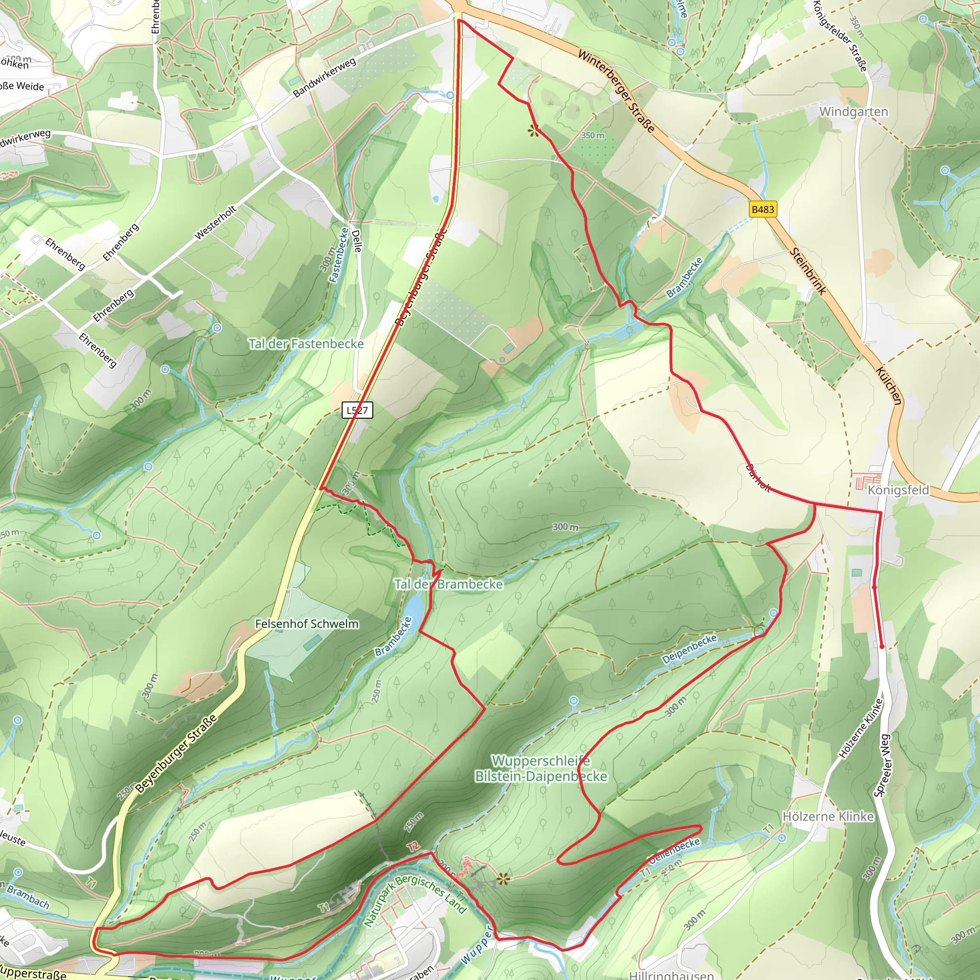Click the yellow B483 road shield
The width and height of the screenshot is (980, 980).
point(762,209)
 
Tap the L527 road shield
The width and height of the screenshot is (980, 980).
point(357,410)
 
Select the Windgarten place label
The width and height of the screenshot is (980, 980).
point(854,111)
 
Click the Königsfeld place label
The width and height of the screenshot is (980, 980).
point(898,490)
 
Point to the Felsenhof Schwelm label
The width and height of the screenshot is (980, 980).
point(307,624)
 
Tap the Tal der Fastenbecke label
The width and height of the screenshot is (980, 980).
point(306,344)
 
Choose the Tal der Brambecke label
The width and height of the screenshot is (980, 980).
point(449,584)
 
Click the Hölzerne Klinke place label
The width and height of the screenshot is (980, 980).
point(828,816)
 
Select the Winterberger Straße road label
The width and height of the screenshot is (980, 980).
point(616,90)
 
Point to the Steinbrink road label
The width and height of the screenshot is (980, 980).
point(808,271)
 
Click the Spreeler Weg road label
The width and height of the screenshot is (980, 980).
point(882,766)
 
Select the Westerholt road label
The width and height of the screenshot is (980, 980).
point(216,222)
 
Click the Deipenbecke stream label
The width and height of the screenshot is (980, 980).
point(690,649)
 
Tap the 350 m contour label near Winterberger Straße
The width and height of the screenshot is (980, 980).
point(592,135)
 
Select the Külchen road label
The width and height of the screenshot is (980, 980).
point(889,386)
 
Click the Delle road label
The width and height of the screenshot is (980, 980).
point(356,241)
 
